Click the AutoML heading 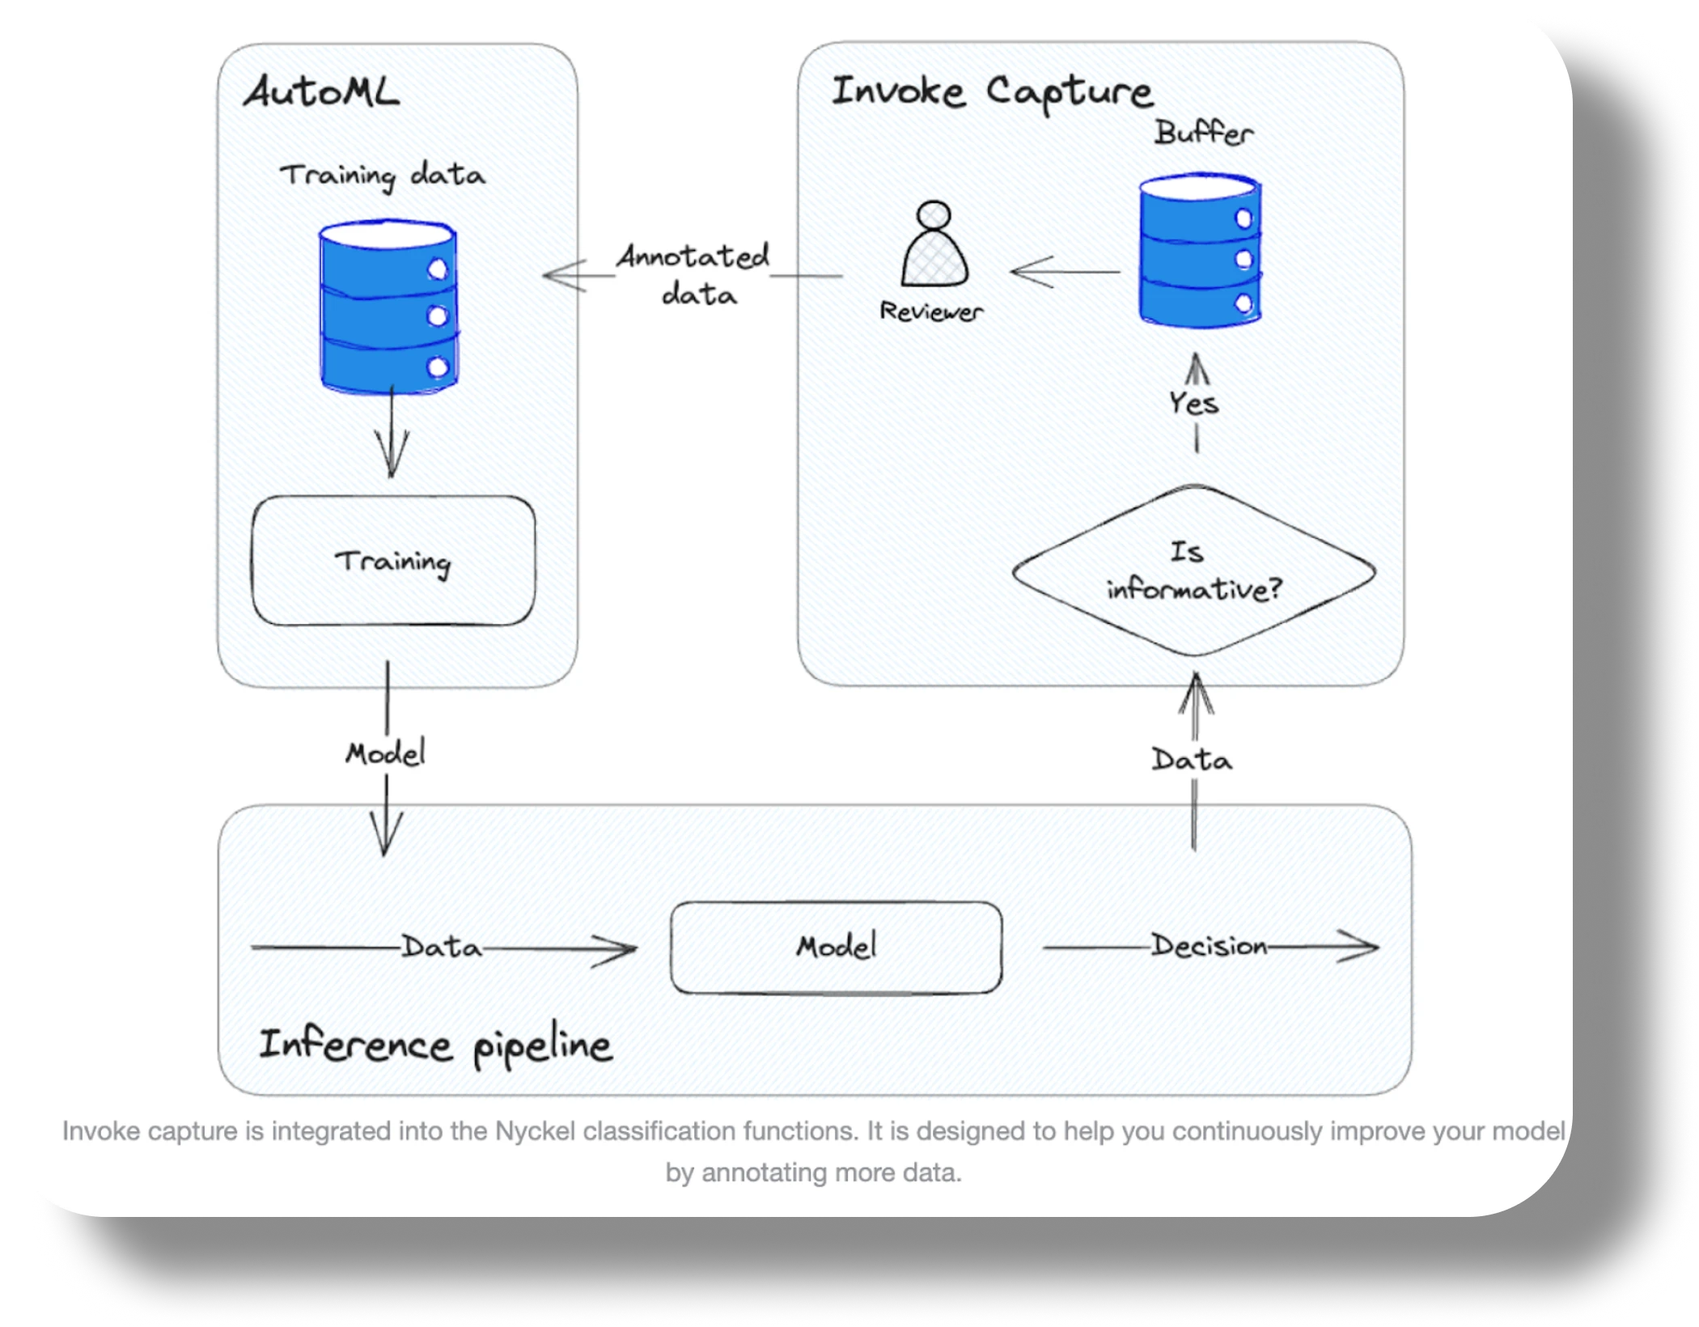(x=321, y=91)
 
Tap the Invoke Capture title (x=992, y=91)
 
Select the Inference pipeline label (x=435, y=1045)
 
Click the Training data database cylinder (x=389, y=307)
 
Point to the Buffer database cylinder (x=1200, y=251)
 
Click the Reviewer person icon (x=934, y=244)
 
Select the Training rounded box (x=393, y=561)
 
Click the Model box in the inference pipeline (x=837, y=947)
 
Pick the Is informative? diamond (x=1194, y=570)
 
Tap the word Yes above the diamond (x=1194, y=402)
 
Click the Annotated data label (x=694, y=275)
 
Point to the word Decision (x=1210, y=946)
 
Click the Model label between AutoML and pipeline (x=386, y=753)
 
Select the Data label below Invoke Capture (x=1192, y=760)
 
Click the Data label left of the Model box (x=442, y=947)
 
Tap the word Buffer (x=1204, y=133)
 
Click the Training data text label (x=383, y=176)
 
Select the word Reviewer (x=931, y=312)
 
